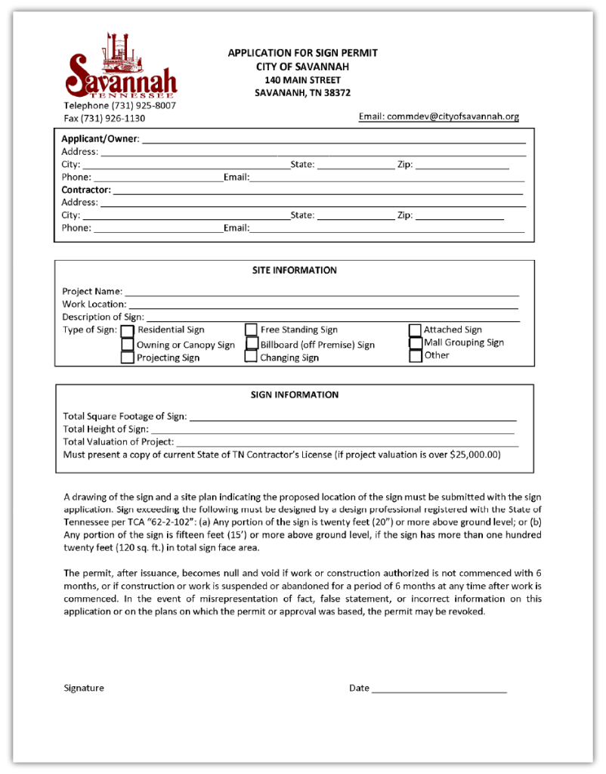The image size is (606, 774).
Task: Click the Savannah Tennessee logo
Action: click(x=121, y=68)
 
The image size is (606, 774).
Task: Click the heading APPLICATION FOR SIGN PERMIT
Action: click(x=302, y=53)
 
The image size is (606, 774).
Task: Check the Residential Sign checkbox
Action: click(x=128, y=331)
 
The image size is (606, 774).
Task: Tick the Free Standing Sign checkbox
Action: click(x=251, y=330)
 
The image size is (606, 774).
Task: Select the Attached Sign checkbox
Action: click(x=415, y=330)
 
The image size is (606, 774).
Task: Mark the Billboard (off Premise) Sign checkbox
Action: click(x=252, y=344)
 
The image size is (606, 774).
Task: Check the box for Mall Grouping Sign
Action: click(x=415, y=342)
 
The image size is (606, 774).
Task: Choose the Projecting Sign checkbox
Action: click(x=128, y=358)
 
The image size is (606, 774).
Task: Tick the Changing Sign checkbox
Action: click(x=251, y=358)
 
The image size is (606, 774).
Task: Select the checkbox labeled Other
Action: click(x=415, y=356)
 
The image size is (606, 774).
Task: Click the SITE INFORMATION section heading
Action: click(x=295, y=270)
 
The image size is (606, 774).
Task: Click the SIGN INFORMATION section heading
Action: click(x=295, y=395)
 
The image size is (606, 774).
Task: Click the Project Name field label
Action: click(x=92, y=292)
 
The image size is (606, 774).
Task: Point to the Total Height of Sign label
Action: click(x=106, y=429)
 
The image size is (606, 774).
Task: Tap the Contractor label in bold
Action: click(x=86, y=190)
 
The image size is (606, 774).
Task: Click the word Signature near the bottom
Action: click(x=84, y=688)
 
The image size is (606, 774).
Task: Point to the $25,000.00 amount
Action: click(x=475, y=455)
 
